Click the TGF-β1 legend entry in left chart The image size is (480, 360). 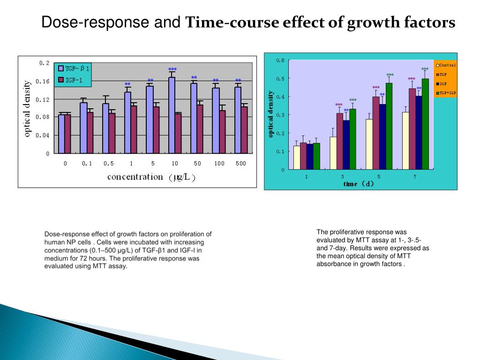click(74, 68)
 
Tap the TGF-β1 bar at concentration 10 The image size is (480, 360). click(172, 115)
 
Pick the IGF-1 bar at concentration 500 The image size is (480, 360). click(244, 130)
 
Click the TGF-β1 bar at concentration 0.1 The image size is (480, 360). click(83, 128)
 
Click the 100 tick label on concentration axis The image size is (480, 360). click(219, 164)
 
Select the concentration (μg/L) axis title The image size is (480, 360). click(151, 177)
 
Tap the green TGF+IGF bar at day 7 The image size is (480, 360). click(425, 124)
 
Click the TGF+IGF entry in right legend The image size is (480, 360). click(446, 93)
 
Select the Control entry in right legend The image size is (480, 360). click(446, 65)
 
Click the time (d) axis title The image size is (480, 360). click(359, 184)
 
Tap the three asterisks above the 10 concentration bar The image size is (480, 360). click(172, 69)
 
